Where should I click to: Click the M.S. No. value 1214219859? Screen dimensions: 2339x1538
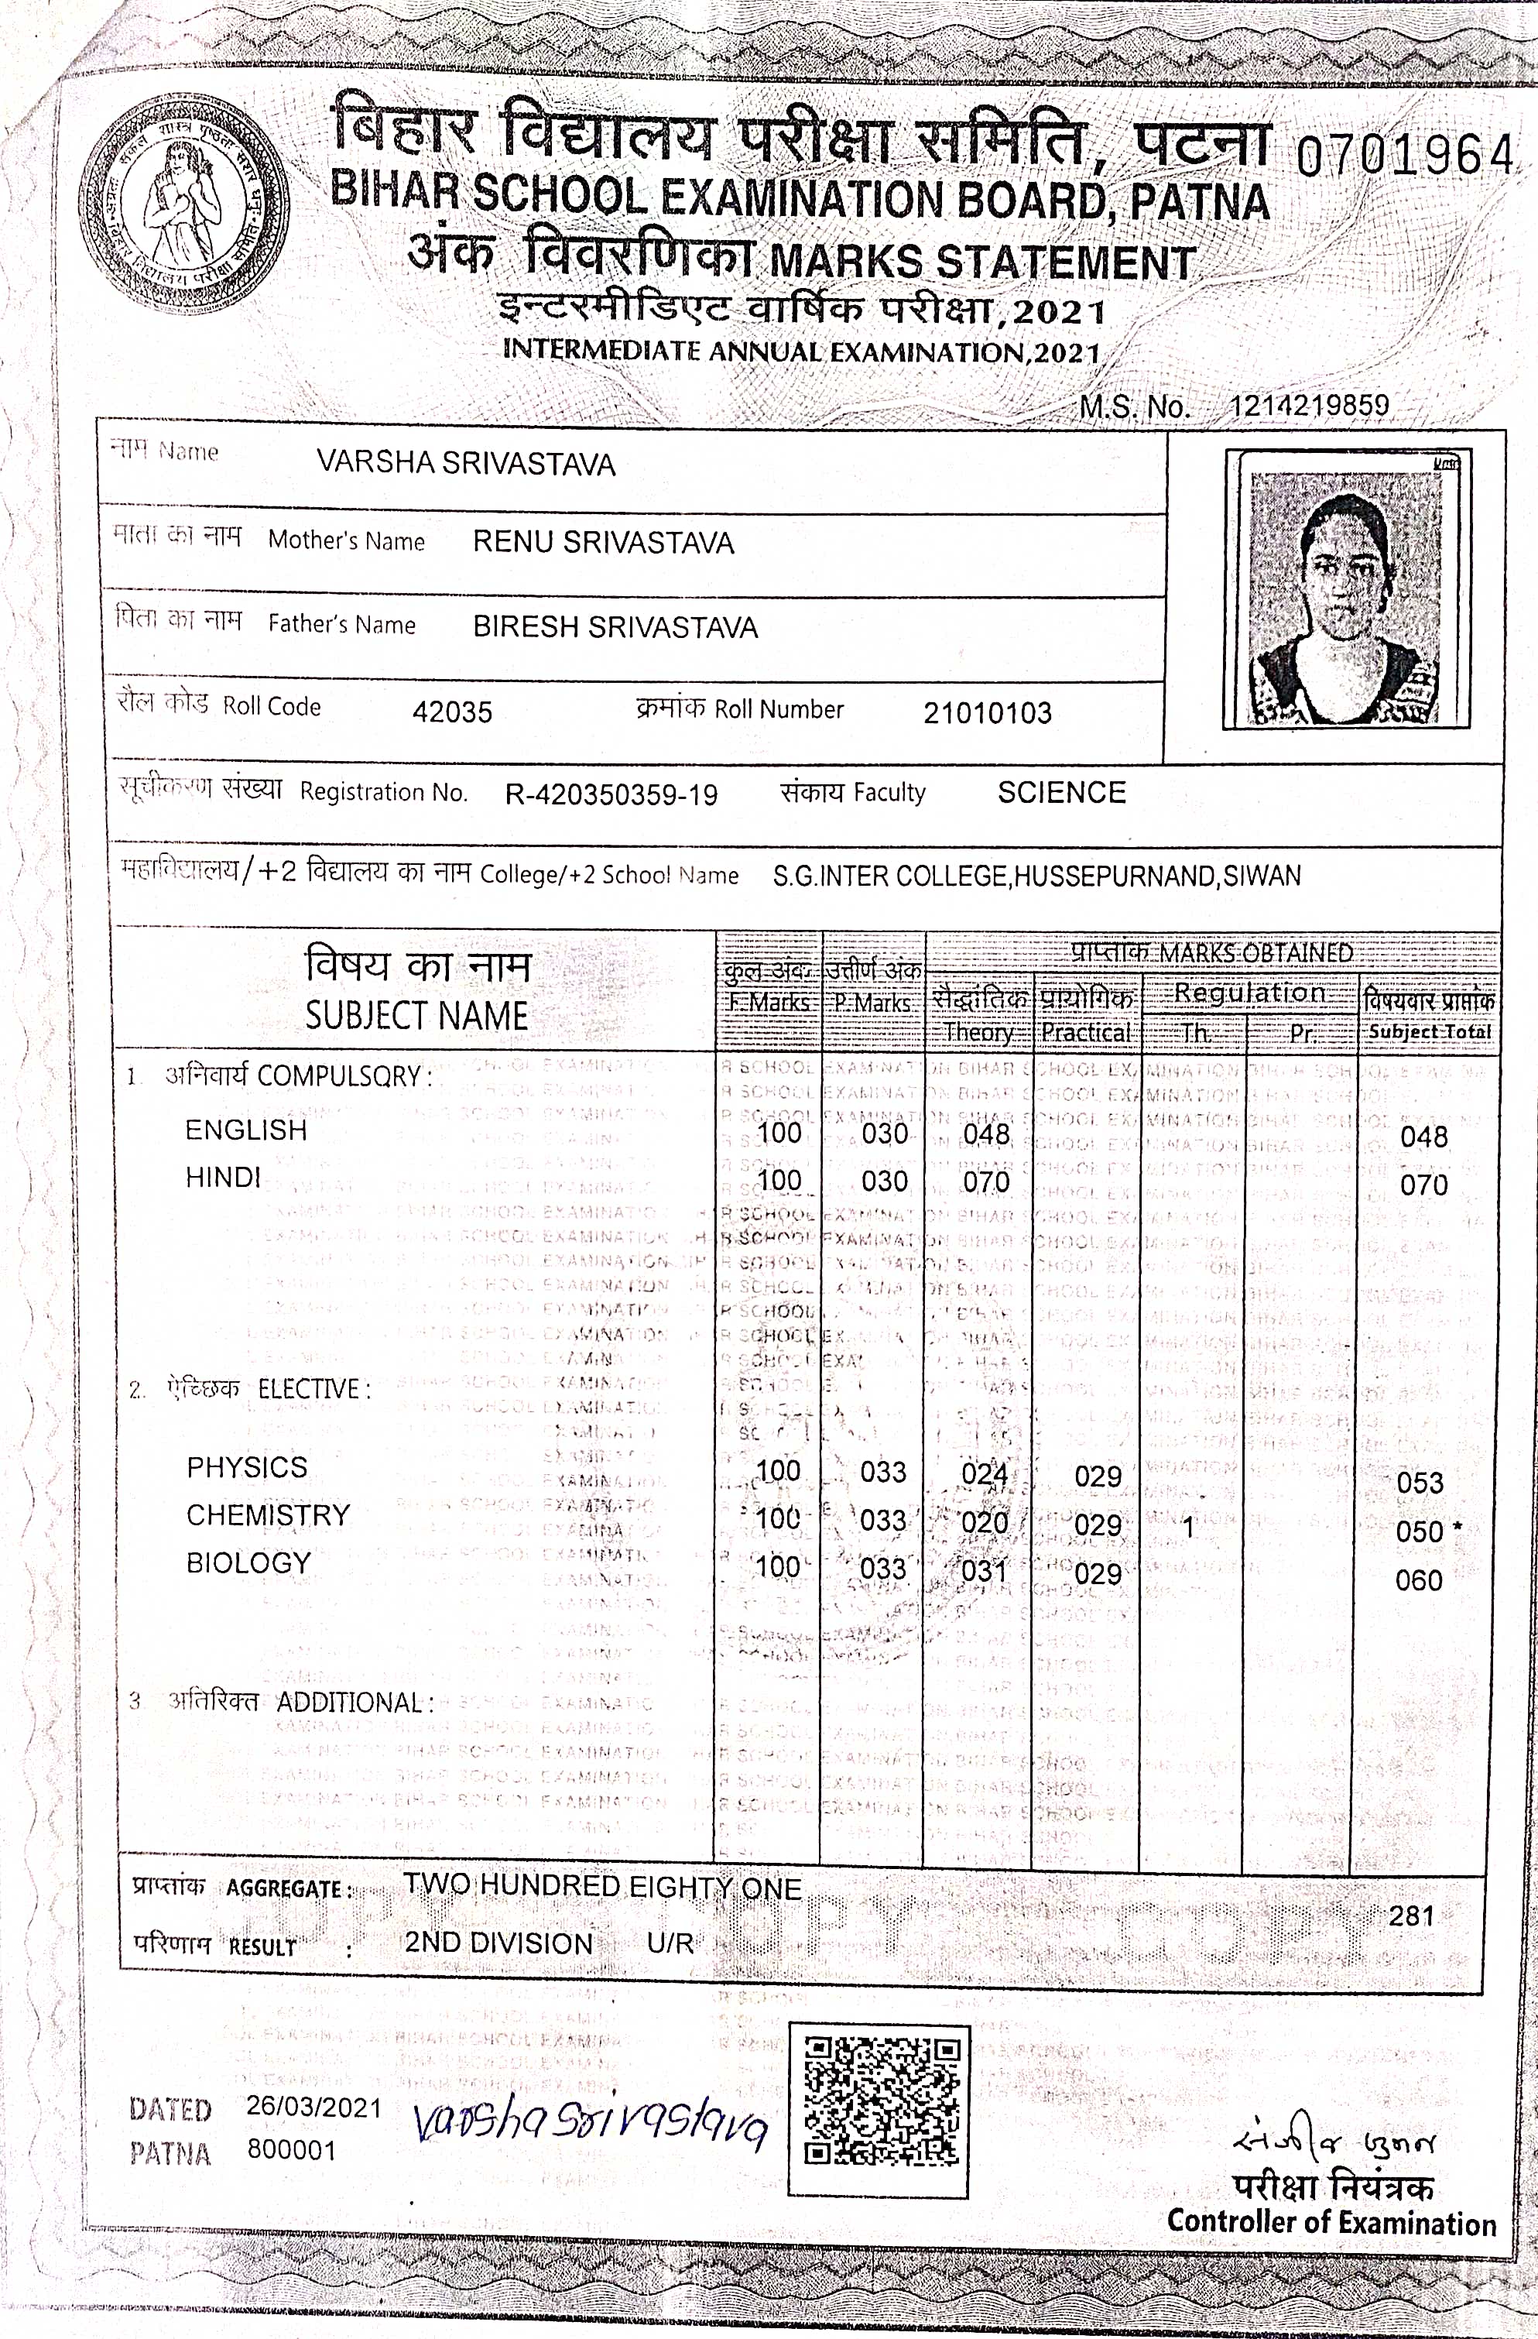click(x=1308, y=406)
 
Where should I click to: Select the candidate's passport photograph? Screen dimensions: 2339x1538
click(x=1345, y=590)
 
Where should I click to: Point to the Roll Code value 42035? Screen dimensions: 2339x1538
click(x=452, y=712)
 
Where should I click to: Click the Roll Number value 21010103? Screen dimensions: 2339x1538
click(x=987, y=712)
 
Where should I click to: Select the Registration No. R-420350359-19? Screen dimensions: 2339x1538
click(x=611, y=794)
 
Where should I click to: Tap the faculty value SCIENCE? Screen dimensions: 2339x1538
click(x=1061, y=792)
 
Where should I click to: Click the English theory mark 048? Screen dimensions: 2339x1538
click(x=985, y=1134)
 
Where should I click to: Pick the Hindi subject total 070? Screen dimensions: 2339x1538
click(x=1423, y=1185)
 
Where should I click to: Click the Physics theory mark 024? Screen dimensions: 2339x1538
click(x=985, y=1473)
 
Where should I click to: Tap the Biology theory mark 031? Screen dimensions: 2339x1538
click(x=985, y=1569)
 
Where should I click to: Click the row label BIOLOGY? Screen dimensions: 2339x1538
click(x=248, y=1562)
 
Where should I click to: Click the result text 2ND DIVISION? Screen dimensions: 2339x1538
click(x=498, y=1943)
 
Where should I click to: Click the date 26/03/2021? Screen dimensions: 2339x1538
click(x=313, y=2107)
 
